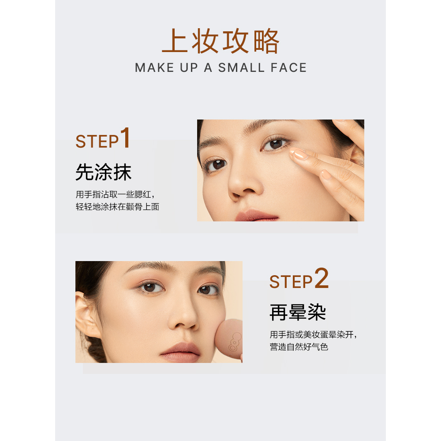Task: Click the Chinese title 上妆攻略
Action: [x=220, y=41]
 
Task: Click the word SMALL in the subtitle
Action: [x=241, y=68]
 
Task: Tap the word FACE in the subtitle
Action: [x=288, y=68]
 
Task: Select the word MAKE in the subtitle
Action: [x=154, y=68]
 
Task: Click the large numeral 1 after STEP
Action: [x=125, y=138]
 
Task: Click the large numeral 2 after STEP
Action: [x=321, y=278]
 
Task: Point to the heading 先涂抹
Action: [x=104, y=172]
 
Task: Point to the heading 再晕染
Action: [x=298, y=312]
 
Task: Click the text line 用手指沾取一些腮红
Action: [x=115, y=194]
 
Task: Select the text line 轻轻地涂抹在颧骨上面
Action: [x=117, y=207]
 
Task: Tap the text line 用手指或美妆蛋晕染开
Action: [x=313, y=334]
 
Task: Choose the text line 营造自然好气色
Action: [x=299, y=347]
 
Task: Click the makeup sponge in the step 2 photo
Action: [x=228, y=339]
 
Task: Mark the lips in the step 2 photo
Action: [x=180, y=352]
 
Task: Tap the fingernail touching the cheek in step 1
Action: [x=301, y=154]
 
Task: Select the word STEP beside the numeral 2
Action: [x=291, y=281]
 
